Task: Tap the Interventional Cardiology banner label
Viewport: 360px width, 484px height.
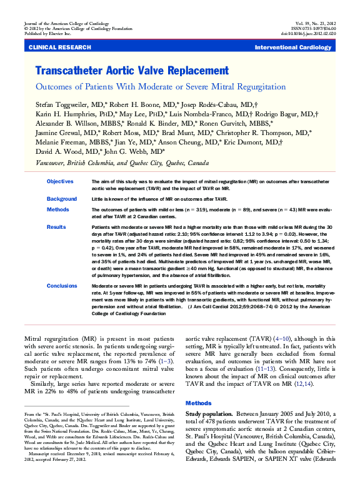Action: click(x=297, y=48)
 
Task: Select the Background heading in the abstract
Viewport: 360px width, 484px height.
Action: click(x=61, y=198)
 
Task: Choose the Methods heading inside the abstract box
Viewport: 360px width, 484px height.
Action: click(x=57, y=210)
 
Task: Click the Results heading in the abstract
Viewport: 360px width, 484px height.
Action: click(x=56, y=227)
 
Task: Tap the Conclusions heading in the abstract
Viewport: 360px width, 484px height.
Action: click(x=62, y=285)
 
